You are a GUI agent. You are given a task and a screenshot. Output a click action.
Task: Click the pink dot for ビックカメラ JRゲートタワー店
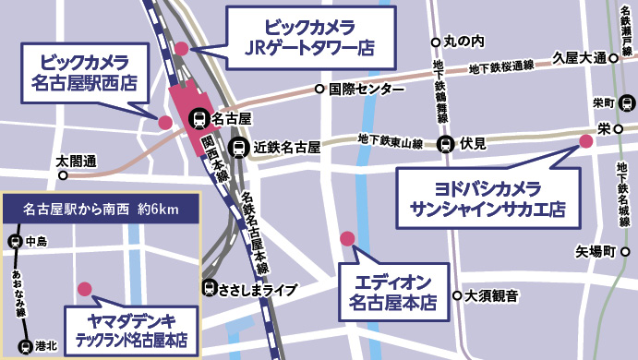[182, 48]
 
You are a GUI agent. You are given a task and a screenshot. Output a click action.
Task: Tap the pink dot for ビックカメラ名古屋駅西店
[165, 122]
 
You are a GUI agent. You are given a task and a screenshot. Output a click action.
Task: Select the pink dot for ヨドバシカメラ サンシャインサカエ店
[584, 140]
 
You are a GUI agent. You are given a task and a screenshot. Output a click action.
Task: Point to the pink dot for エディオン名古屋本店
[347, 239]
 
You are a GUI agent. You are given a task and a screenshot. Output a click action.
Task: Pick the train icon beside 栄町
[625, 102]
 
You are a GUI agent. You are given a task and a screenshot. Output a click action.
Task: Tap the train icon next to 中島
[15, 243]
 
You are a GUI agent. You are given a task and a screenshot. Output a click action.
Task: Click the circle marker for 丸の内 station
[436, 42]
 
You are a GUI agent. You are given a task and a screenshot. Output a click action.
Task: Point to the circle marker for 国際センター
[320, 90]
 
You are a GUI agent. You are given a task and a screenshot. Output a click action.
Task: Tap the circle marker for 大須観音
[457, 296]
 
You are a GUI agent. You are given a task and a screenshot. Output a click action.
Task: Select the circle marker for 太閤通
[63, 174]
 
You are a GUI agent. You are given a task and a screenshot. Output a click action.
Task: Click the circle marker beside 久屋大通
[613, 58]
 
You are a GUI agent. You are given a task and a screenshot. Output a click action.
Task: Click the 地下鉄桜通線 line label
[502, 66]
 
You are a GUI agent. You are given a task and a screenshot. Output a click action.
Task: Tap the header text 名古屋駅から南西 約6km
[101, 210]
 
